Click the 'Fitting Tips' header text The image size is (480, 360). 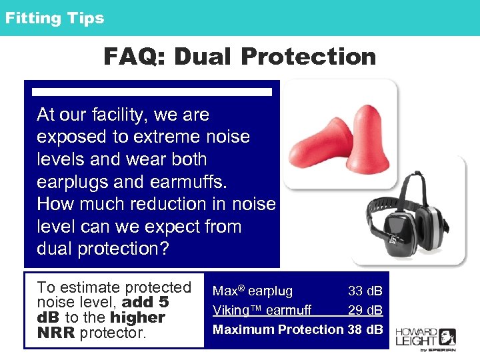click(55, 18)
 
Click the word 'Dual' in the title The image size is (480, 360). click(204, 57)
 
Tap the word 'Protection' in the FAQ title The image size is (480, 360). click(309, 57)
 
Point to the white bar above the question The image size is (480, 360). click(152, 92)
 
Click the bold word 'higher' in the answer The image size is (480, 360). click(137, 317)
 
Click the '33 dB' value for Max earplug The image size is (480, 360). click(365, 291)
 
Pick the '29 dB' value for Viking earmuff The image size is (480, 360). click(365, 310)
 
